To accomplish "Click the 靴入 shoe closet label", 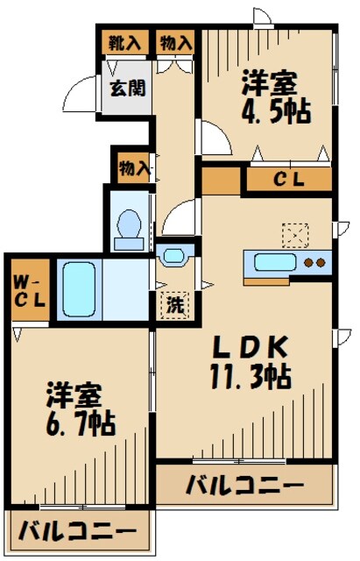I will [123, 43].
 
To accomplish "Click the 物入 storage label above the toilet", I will [132, 167].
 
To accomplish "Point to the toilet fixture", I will [131, 225].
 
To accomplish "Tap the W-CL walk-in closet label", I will [24, 289].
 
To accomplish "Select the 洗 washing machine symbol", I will [174, 308].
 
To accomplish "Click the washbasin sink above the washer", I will [175, 257].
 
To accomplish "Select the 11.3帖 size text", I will [250, 381].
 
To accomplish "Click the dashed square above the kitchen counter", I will [293, 235].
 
